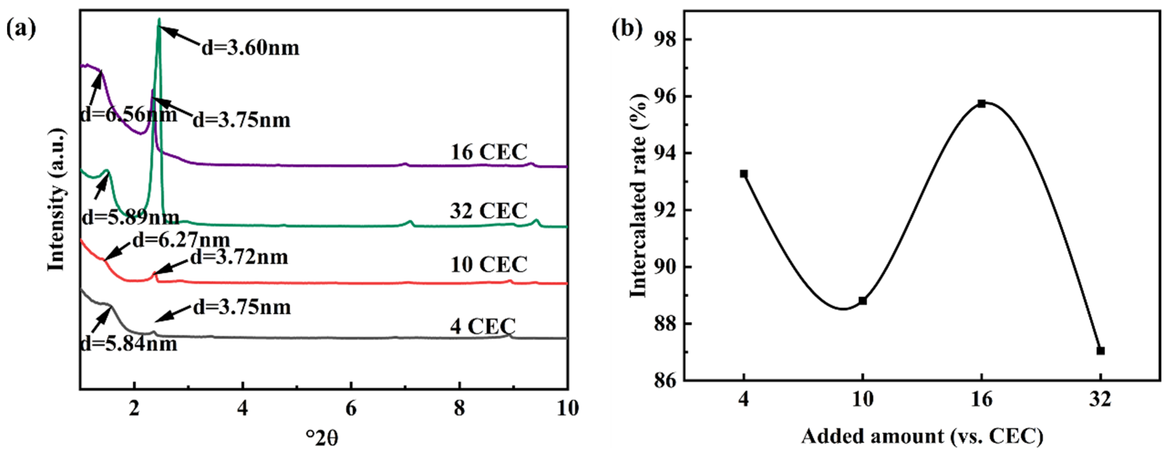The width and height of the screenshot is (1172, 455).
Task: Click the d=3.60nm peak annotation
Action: tap(251, 48)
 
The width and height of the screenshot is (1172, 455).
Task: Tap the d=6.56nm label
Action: tap(129, 114)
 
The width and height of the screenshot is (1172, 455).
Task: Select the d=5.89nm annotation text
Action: tap(131, 218)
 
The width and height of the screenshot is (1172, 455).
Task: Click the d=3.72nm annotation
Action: tap(239, 257)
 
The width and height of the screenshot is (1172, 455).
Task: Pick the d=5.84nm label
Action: tap(129, 344)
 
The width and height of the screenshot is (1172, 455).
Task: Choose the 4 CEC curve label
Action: tap(483, 326)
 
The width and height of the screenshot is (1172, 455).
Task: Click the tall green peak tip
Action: tap(159, 19)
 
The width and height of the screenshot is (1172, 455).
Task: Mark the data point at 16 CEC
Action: tap(981, 104)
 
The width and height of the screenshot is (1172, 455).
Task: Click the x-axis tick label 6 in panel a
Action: tap(351, 408)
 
